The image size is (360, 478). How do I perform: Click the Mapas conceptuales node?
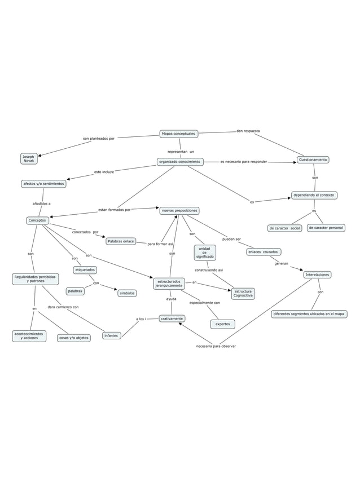[x=179, y=134]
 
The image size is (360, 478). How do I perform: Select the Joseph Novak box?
[x=29, y=158]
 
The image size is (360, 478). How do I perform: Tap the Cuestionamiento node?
[x=313, y=160]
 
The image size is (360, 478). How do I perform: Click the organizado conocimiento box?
[x=180, y=162]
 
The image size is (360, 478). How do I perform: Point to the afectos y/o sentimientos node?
[x=43, y=184]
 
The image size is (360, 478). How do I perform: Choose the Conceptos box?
[x=37, y=220]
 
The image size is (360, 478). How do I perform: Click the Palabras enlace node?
[x=121, y=241]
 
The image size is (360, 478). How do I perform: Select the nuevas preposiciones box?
[x=179, y=210]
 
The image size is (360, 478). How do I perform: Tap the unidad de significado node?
[x=204, y=252]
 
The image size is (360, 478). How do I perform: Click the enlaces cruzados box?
[x=264, y=252]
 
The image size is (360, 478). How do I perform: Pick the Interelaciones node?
[x=317, y=275]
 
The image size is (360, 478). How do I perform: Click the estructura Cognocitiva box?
[x=243, y=293]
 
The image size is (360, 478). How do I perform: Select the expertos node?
[x=223, y=324]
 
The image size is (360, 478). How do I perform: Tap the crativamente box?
[x=172, y=318]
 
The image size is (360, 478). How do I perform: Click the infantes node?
[x=111, y=335]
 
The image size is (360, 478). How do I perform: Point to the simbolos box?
[x=127, y=293]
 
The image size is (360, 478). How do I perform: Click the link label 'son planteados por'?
[x=99, y=138]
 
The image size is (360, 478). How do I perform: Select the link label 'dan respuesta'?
[x=248, y=131]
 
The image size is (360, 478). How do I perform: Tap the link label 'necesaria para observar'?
[x=216, y=346]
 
